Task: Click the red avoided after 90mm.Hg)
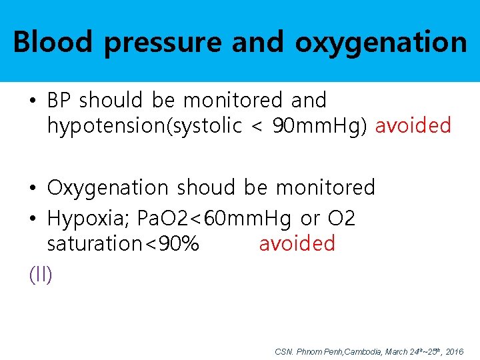tap(413, 125)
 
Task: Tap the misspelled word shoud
tap(206, 187)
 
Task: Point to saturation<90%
tap(123, 243)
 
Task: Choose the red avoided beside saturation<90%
tap(297, 243)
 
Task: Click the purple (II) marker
tap(41, 274)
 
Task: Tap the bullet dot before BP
tap(33, 101)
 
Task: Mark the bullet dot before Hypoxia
tap(33, 219)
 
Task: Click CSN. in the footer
tap(283, 351)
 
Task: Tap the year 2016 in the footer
tap(454, 351)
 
